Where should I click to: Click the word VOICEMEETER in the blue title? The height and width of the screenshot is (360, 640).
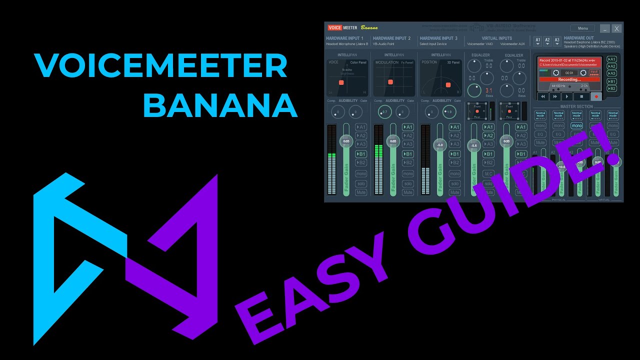[161, 65]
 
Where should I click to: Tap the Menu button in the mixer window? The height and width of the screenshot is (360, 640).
[582, 28]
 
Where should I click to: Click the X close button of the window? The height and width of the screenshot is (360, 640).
[617, 28]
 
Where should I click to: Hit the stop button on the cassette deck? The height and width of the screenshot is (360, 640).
[581, 96]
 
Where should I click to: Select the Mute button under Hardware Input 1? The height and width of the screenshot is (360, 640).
[361, 192]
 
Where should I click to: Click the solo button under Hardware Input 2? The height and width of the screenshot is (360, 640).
[408, 183]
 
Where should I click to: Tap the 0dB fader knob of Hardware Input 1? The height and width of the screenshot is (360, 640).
[346, 141]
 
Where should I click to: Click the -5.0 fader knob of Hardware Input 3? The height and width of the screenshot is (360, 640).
[439, 144]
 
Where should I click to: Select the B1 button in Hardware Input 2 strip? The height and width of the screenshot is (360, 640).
[408, 154]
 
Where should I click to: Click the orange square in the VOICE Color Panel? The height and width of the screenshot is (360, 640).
[341, 82]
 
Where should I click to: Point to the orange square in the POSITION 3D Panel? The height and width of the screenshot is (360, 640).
[448, 85]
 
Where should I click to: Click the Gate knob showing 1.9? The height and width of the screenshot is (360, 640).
[449, 112]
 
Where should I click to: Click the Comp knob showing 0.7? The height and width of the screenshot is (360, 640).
[383, 112]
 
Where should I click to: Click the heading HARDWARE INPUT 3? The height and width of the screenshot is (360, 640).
[438, 38]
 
